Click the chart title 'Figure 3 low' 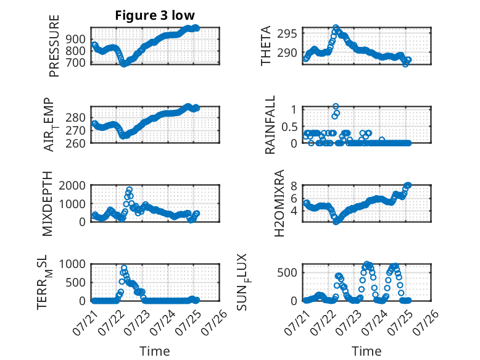[x=155, y=15]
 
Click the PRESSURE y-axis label [x=54, y=46]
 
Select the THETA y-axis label [x=266, y=46]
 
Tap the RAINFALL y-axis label [x=270, y=125]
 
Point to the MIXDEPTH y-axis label [x=48, y=204]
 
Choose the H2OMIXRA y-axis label [x=279, y=203]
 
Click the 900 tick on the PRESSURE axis [x=76, y=40]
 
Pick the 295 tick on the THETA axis [x=287, y=33]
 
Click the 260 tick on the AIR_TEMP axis [x=76, y=143]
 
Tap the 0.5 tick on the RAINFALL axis [x=289, y=127]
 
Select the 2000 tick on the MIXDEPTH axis [x=72, y=185]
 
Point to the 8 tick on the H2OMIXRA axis [x=294, y=186]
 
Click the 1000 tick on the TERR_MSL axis [x=72, y=264]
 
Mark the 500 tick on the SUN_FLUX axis [x=287, y=272]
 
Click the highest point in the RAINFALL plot [x=336, y=106]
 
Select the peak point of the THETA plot [x=336, y=27]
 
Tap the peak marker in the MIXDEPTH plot [x=130, y=190]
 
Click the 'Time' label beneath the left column [x=155, y=351]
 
